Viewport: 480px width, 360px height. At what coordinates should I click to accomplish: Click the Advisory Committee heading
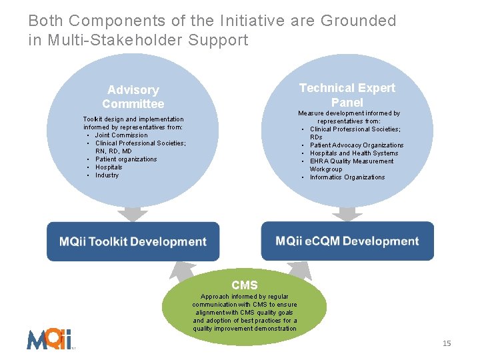click(133, 97)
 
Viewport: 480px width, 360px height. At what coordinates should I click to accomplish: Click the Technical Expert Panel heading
click(347, 95)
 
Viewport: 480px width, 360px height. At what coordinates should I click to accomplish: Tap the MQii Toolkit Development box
click(133, 242)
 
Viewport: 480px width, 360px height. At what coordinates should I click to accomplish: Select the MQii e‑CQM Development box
click(347, 241)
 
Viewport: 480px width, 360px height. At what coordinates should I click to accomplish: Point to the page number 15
click(447, 343)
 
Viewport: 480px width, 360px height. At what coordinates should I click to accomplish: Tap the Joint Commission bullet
click(121, 135)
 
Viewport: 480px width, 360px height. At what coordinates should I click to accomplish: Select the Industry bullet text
click(107, 175)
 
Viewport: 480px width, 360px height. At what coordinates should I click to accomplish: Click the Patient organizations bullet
click(126, 159)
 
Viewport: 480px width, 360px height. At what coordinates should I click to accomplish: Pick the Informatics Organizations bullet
click(347, 177)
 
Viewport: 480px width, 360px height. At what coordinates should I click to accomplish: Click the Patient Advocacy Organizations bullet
click(357, 145)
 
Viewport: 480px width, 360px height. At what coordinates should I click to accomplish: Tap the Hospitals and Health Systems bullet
click(354, 153)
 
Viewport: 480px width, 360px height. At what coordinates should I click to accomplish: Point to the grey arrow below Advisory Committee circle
click(133, 215)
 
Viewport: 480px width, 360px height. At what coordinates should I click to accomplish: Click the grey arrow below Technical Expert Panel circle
click(347, 213)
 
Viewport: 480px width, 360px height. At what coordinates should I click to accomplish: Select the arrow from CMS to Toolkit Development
click(182, 269)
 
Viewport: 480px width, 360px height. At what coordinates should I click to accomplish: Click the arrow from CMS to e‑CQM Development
click(299, 269)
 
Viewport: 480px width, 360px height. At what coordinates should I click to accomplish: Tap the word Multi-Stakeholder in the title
click(114, 40)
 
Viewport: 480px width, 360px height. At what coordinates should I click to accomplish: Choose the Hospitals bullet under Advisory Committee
click(109, 167)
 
